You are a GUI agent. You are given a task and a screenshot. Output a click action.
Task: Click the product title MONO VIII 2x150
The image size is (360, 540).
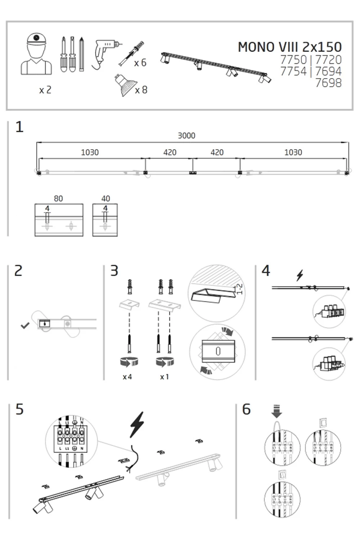point(289,47)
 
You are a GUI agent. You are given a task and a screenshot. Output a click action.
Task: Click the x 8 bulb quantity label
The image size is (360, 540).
point(141,90)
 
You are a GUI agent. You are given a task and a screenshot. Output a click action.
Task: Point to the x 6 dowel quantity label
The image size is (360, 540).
point(140,63)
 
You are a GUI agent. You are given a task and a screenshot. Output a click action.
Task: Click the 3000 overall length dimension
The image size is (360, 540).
point(186,136)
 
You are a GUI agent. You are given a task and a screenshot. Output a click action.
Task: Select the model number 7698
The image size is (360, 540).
point(328,83)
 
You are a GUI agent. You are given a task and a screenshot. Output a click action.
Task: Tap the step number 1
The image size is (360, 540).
point(19,127)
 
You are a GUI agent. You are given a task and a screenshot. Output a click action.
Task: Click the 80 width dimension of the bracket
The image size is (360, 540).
point(58,199)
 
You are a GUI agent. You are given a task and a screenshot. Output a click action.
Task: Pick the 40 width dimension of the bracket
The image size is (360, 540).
point(105,199)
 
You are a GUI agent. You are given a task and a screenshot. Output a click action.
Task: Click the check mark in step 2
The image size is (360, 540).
point(25,326)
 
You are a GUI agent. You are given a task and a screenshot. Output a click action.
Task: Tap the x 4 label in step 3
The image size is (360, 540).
point(127,377)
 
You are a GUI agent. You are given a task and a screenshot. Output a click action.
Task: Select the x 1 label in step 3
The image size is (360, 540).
point(165,377)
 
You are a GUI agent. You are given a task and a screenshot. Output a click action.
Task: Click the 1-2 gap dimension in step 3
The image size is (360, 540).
point(239,289)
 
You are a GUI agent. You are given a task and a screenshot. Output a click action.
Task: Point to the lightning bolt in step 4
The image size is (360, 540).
point(300,275)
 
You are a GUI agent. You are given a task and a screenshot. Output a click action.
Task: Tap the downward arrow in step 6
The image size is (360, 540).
point(276,411)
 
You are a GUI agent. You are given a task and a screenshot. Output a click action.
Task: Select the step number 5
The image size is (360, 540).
point(19,410)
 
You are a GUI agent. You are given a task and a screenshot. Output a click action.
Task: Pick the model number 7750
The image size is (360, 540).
point(293,60)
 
